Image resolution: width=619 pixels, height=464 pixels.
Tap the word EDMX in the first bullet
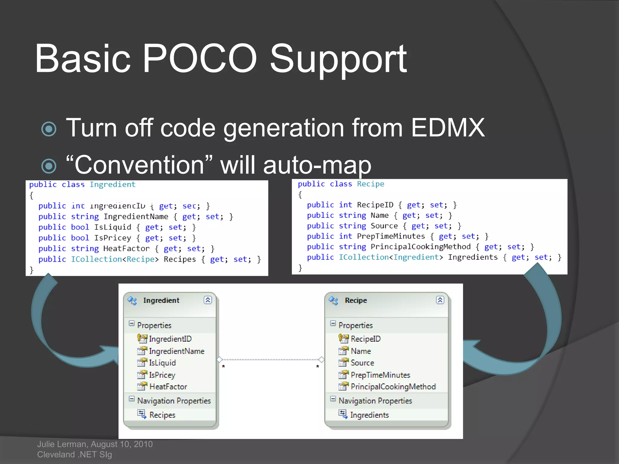(x=448, y=128)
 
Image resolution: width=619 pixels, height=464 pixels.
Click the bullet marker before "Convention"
(x=49, y=166)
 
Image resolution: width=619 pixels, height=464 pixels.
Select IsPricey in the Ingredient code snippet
(x=113, y=238)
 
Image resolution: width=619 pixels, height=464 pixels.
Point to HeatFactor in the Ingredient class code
(x=126, y=249)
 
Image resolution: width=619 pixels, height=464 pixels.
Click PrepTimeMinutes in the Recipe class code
(x=391, y=236)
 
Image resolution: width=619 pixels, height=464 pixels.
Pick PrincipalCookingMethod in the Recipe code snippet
(x=420, y=247)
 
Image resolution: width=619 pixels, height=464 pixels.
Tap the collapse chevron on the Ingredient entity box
(x=208, y=300)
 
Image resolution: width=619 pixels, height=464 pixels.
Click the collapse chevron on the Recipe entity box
(x=440, y=300)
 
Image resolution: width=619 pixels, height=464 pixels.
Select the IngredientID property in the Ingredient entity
(x=170, y=339)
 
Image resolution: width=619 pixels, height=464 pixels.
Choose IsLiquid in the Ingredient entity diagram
(x=162, y=363)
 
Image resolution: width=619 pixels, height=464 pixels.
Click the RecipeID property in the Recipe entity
(x=365, y=339)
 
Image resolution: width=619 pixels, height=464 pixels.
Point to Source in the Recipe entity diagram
(x=362, y=363)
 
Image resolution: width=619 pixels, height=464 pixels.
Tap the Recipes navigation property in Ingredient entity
(x=162, y=415)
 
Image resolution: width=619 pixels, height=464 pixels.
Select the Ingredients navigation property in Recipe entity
(x=369, y=415)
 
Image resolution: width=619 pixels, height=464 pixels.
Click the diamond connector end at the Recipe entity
(x=321, y=359)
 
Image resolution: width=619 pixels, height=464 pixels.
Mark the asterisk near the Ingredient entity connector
(x=223, y=367)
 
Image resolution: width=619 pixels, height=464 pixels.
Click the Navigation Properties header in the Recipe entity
(x=375, y=401)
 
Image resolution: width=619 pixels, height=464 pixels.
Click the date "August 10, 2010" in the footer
(x=122, y=444)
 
